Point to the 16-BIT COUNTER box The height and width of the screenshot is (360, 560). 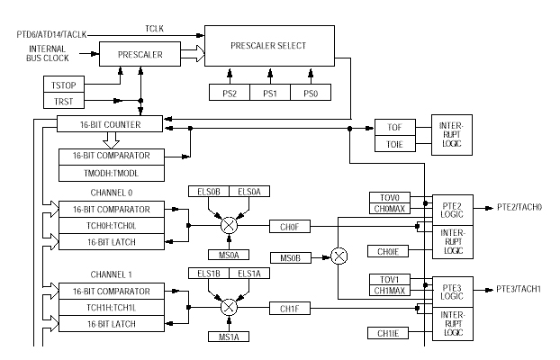pyautogui.click(x=110, y=122)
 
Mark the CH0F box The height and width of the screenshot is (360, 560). pyautogui.click(x=289, y=225)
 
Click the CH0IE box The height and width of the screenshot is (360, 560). pyautogui.click(x=389, y=251)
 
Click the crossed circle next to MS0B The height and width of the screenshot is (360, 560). pyautogui.click(x=339, y=256)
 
